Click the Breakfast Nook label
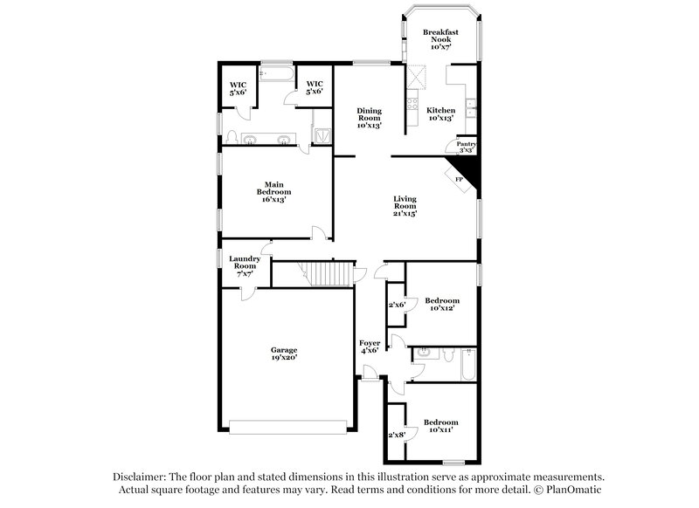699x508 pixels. click(440, 38)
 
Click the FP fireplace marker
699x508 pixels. click(459, 179)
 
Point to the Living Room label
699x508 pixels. click(405, 206)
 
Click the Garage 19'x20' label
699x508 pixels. click(284, 353)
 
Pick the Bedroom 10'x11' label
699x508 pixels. click(440, 427)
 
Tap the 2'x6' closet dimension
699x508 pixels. click(396, 305)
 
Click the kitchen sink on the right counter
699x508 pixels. click(471, 109)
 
